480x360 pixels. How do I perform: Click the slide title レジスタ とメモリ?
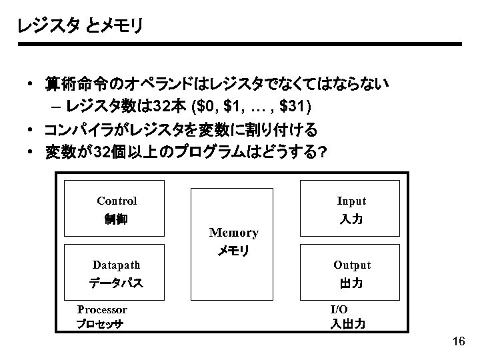coord(80,26)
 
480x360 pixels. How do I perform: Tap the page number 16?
coord(458,342)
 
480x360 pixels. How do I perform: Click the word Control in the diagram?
coord(117,201)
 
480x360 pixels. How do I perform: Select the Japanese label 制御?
coord(117,219)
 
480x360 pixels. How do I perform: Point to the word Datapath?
coord(117,265)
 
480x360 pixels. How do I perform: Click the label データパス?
coord(117,283)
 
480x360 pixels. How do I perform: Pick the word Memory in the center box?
coord(233,233)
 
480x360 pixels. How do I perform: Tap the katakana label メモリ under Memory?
coord(233,251)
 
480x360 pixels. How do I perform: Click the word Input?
coord(351,201)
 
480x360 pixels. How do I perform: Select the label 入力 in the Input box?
coord(351,219)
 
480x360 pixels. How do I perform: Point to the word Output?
coord(351,265)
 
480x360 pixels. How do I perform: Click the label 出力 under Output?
coord(351,283)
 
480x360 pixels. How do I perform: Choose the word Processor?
coord(102,309)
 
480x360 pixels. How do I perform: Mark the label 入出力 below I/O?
coord(347,325)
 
